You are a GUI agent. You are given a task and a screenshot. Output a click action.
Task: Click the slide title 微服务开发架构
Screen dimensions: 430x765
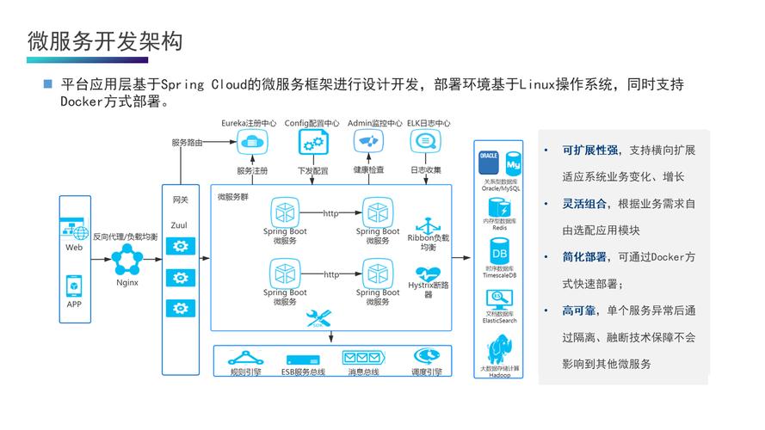[x=104, y=40]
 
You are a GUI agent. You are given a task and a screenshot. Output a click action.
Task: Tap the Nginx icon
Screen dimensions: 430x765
[x=127, y=260]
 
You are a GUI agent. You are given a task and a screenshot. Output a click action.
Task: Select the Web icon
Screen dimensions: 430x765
[x=74, y=229]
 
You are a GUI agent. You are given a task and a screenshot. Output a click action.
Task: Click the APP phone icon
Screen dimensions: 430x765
[x=74, y=285]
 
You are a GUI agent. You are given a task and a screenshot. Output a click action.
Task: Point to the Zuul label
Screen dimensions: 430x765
[x=179, y=224]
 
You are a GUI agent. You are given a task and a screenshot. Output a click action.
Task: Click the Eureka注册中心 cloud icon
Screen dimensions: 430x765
[x=250, y=142]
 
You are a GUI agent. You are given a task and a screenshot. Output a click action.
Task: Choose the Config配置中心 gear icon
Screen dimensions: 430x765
[x=312, y=142]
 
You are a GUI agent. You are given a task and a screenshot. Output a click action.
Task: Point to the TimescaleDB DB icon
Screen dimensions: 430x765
[x=499, y=254]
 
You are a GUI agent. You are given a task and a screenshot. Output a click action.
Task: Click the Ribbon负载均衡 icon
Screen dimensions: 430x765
[x=428, y=224]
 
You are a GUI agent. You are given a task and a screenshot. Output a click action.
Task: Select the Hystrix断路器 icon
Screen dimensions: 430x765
[x=428, y=269]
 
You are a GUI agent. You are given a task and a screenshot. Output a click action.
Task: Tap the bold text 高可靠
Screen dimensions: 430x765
[x=580, y=311]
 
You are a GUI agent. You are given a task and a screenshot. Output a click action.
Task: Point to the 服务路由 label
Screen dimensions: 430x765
[x=187, y=142]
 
